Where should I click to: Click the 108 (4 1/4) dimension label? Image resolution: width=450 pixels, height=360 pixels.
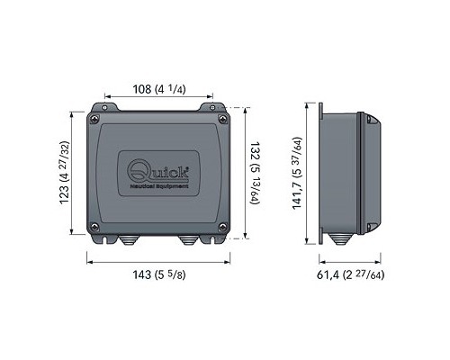[x=159, y=89]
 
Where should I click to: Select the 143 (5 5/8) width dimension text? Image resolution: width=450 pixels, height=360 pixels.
[x=159, y=274]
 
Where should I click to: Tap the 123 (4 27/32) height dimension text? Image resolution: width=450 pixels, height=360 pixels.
[x=65, y=173]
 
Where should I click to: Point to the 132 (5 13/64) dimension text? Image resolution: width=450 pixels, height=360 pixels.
[x=255, y=174]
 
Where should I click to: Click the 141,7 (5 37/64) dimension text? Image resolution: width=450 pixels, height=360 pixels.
[x=297, y=173]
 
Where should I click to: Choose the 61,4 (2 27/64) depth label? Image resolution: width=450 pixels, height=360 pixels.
[x=350, y=274]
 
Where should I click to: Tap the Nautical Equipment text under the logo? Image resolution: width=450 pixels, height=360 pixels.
[x=159, y=186]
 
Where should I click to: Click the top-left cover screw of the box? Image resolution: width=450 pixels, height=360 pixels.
[x=94, y=119]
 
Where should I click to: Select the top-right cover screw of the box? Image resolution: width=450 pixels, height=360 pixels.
[x=222, y=119]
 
